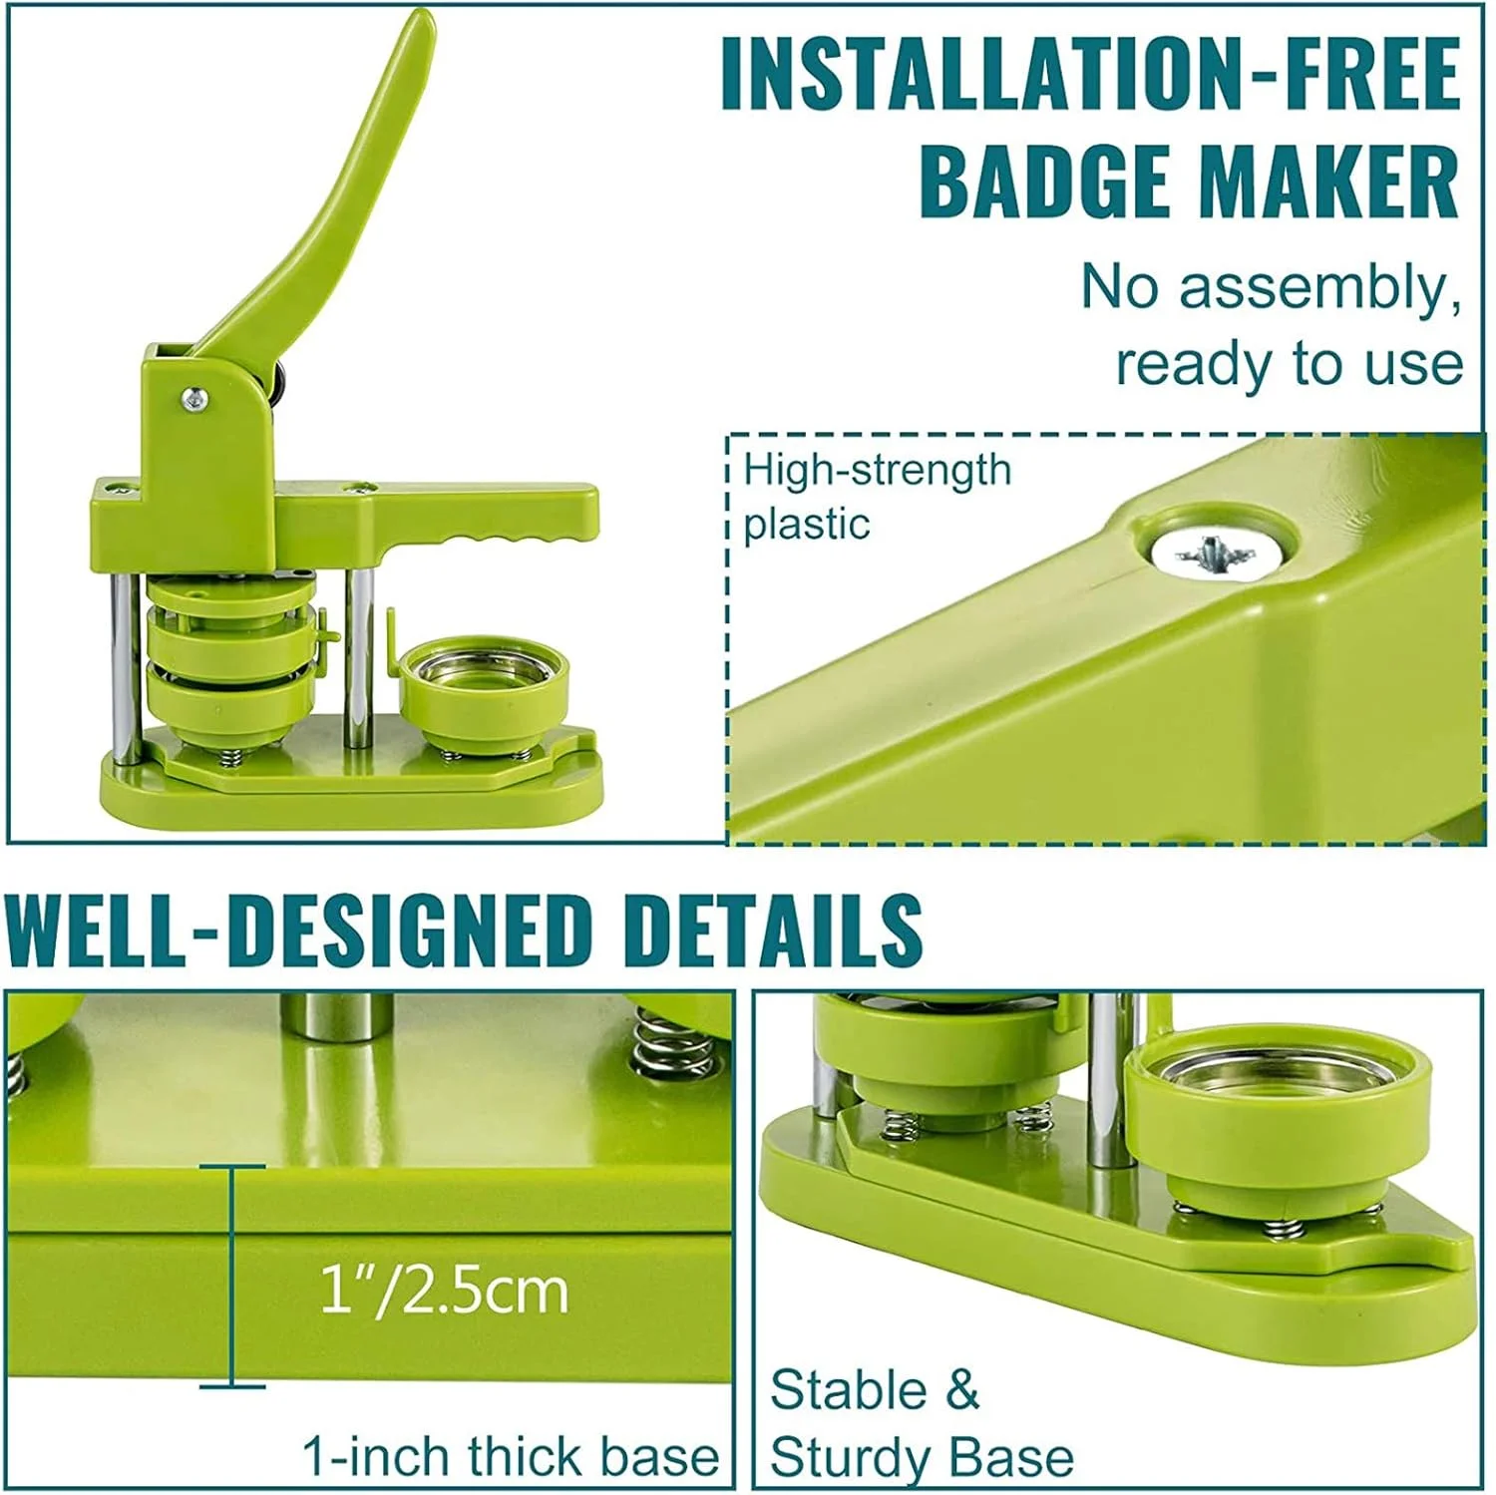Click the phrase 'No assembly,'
(x=1272, y=289)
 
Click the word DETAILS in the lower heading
(x=773, y=930)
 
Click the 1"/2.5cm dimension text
(x=444, y=1292)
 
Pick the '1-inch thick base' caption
(x=511, y=1456)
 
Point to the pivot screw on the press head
(x=194, y=399)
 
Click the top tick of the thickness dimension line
(x=231, y=1165)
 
